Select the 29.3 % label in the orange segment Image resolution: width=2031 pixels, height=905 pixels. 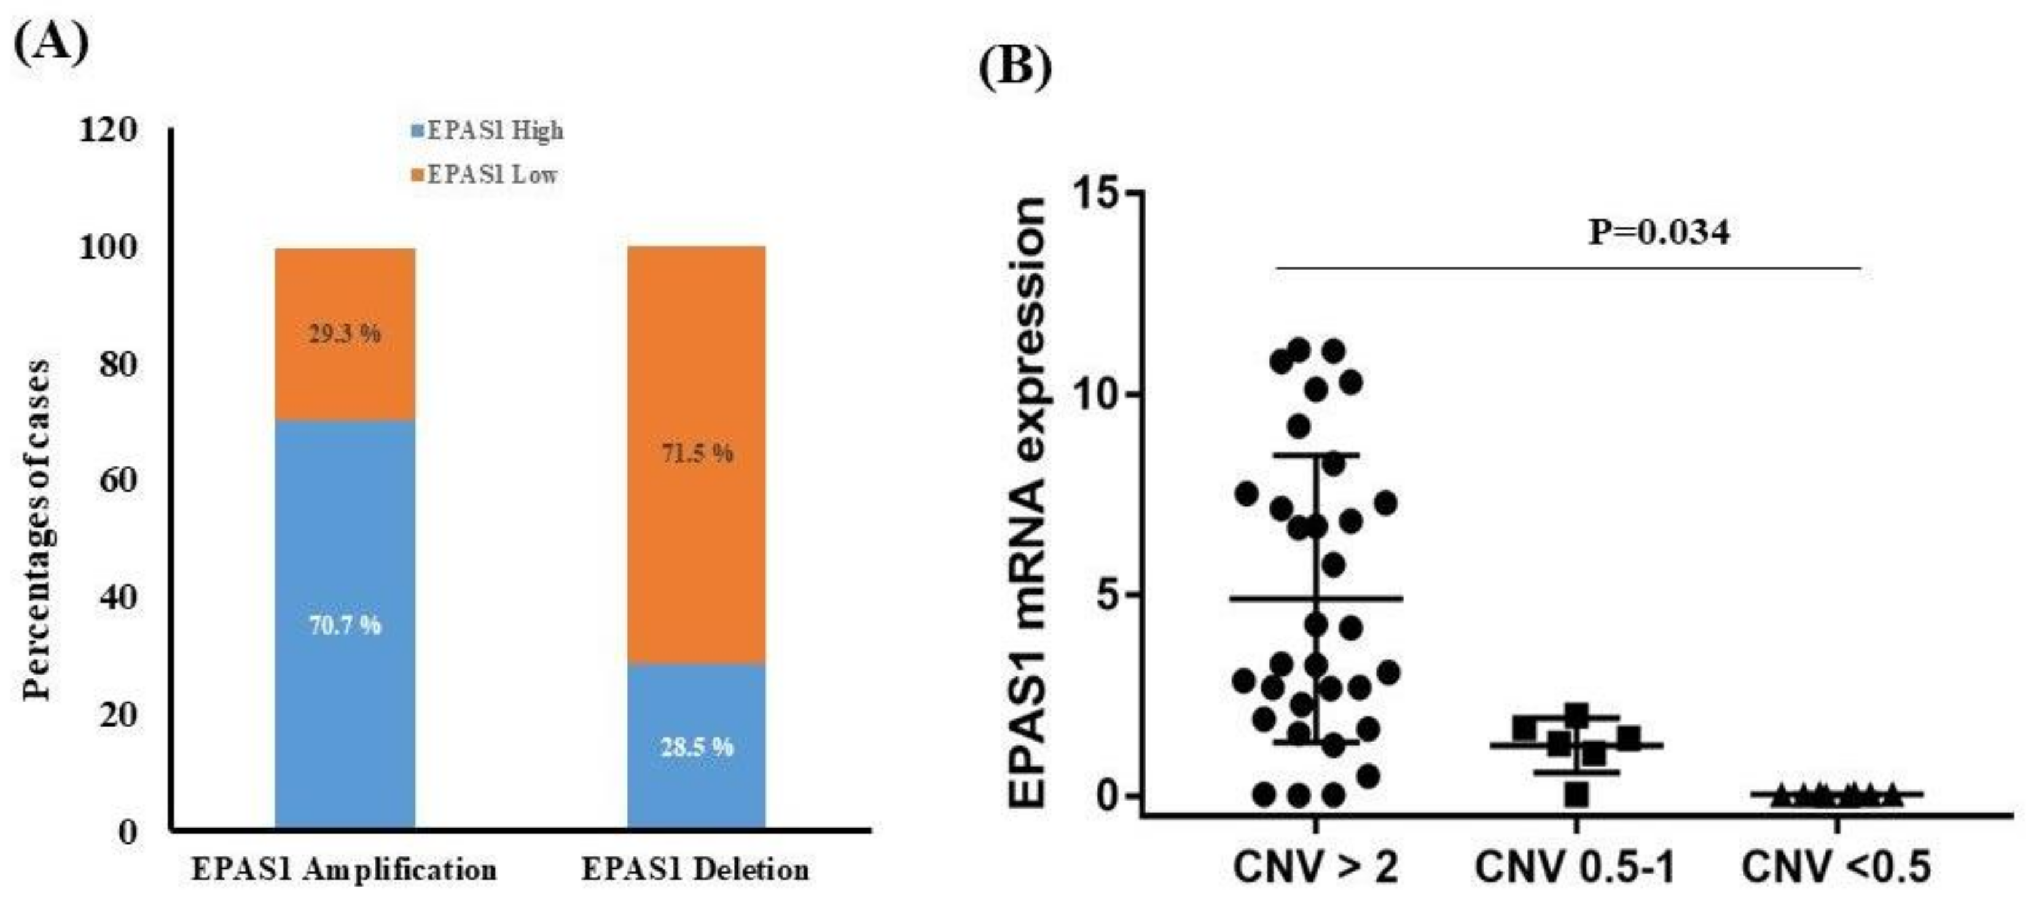345,334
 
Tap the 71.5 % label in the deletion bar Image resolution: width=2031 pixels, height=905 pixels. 697,453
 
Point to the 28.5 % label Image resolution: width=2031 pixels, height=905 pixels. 697,746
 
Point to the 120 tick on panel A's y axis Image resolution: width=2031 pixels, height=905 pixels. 108,130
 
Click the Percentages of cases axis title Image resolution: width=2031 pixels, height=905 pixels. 36,530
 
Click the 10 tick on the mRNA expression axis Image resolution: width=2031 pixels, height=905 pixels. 1095,394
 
